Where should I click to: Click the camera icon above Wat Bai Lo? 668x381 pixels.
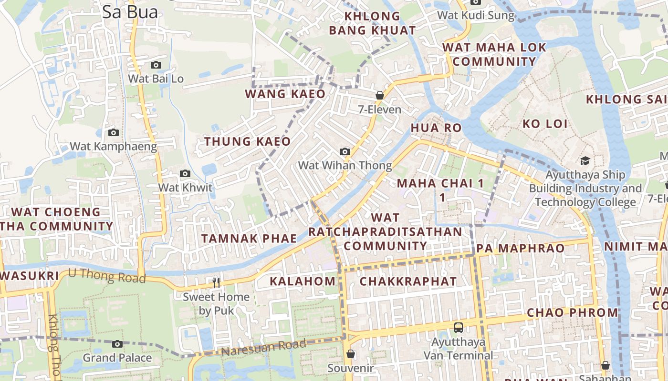156,65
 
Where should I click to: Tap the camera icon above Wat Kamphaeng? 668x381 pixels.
113,132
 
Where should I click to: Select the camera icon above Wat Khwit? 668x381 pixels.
185,174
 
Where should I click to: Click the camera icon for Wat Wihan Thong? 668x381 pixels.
344,152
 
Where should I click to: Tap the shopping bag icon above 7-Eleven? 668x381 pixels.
380,95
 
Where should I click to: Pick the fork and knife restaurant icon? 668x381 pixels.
216,283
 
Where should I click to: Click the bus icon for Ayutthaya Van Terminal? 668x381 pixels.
458,328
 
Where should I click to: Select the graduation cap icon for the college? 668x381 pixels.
585,161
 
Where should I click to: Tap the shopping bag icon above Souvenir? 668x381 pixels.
351,354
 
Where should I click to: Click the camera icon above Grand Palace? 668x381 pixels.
117,344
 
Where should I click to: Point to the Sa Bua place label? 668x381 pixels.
130,12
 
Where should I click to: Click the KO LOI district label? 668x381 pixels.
545,124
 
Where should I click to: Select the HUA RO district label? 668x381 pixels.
436,128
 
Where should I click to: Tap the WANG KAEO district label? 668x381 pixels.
285,94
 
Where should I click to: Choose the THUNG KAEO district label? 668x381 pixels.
247,141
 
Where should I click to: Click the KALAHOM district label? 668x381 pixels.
303,281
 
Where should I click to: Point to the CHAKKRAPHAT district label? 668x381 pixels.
408,281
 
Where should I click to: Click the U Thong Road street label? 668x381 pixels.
107,275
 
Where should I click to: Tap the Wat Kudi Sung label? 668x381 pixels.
476,15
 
